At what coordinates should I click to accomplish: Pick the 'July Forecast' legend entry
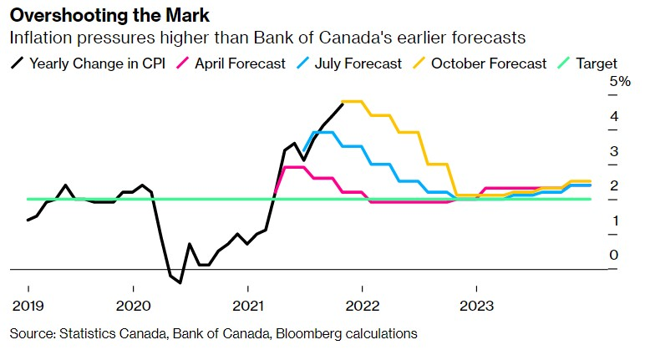(354, 63)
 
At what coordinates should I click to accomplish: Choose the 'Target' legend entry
(596, 63)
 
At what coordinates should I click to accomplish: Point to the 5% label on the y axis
(620, 81)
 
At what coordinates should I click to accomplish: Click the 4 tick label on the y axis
(614, 116)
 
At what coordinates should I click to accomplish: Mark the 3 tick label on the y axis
(614, 151)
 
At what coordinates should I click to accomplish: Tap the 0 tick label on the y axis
(614, 255)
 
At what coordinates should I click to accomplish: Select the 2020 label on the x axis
(133, 304)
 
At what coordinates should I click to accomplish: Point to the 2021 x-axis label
(247, 304)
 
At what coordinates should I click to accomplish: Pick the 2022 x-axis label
(363, 304)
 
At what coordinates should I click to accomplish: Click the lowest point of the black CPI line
(180, 282)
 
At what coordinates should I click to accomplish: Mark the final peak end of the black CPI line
(343, 103)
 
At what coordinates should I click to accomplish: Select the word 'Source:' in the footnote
(32, 333)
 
